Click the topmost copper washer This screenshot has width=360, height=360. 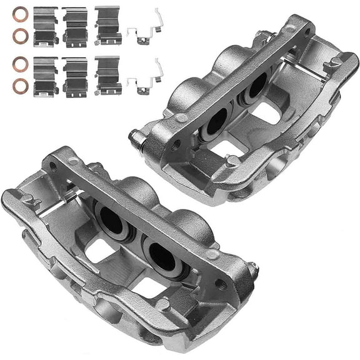(20, 14)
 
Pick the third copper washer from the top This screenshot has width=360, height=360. (20, 63)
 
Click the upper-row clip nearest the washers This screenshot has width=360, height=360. (46, 26)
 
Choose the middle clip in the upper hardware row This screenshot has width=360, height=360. (75, 26)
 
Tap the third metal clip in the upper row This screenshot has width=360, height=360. (107, 25)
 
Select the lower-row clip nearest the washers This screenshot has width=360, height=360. (46, 76)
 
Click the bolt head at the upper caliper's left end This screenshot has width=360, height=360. (134, 133)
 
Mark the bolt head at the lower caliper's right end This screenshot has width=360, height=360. (253, 270)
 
